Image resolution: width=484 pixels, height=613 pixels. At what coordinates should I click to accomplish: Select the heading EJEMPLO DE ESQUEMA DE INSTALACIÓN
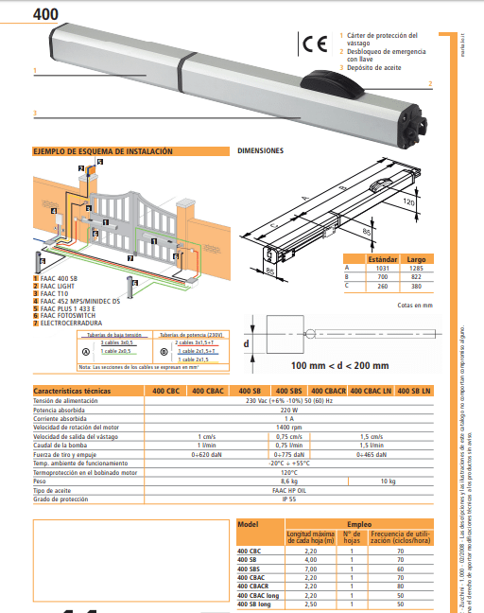[x=103, y=151]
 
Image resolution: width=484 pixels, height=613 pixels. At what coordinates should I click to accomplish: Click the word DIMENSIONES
[x=260, y=151]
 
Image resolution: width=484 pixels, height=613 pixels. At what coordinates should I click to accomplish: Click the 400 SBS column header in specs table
[x=289, y=391]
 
